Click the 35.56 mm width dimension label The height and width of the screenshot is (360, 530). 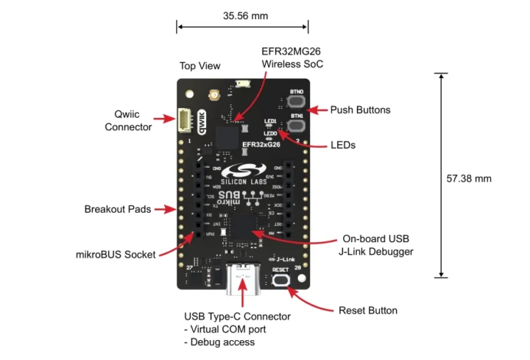[x=242, y=14]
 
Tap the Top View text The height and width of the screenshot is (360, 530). [x=199, y=66]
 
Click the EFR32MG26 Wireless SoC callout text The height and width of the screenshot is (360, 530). [x=292, y=57]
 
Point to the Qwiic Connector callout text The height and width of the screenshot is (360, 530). [x=128, y=121]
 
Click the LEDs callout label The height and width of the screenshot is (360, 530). [x=343, y=146]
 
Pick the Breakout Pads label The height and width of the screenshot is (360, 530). [x=117, y=209]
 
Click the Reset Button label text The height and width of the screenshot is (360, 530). [x=367, y=310]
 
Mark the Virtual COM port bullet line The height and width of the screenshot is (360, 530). [x=228, y=329]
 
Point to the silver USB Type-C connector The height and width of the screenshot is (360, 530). [x=242, y=283]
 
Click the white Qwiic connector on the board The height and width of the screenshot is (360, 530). [x=185, y=119]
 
